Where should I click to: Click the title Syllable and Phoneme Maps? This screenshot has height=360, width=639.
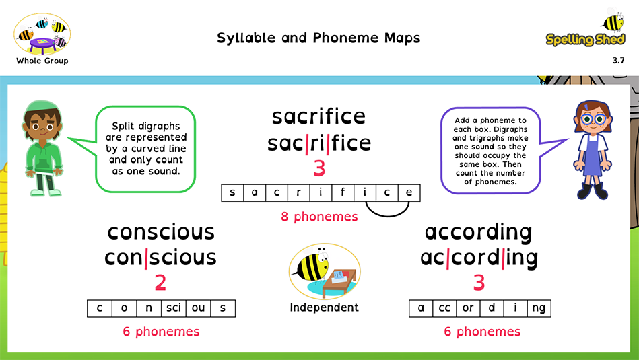tap(318, 38)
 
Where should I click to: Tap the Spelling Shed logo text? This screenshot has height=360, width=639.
tap(585, 40)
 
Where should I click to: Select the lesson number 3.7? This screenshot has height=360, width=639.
tap(618, 61)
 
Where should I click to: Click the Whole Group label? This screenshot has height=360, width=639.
tap(42, 61)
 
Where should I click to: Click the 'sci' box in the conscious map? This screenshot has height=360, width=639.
tap(174, 308)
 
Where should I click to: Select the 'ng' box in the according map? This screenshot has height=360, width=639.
tap(539, 308)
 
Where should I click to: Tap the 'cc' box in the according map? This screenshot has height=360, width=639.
tap(444, 308)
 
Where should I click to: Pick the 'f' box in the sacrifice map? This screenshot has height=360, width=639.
tap(343, 193)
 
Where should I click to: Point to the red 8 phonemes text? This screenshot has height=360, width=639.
tap(319, 217)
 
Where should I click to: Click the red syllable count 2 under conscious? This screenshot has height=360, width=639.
tap(160, 283)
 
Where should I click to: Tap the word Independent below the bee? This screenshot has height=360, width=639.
tap(324, 308)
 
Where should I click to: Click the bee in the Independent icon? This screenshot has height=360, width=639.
tap(312, 264)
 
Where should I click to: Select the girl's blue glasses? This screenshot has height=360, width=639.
tap(593, 119)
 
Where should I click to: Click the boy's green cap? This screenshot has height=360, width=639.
tap(42, 108)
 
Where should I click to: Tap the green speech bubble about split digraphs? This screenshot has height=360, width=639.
tap(145, 149)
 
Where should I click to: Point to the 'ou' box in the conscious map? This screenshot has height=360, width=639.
tap(199, 308)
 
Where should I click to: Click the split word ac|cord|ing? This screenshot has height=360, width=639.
tap(479, 258)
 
